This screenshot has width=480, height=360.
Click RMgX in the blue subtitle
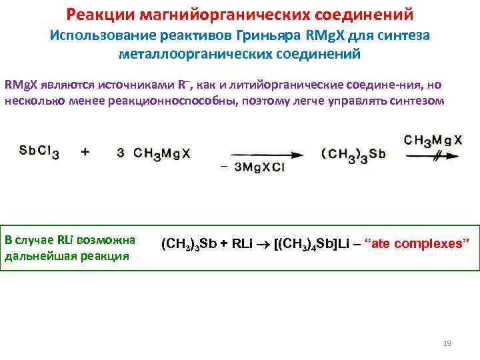tap(329, 35)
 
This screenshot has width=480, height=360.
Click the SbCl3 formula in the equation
tap(39, 153)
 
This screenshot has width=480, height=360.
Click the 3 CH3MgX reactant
tap(153, 153)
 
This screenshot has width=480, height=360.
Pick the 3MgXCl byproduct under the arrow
tap(259, 167)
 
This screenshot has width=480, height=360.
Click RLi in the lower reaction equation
tap(243, 243)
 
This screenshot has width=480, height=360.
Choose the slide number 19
tap(447, 343)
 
